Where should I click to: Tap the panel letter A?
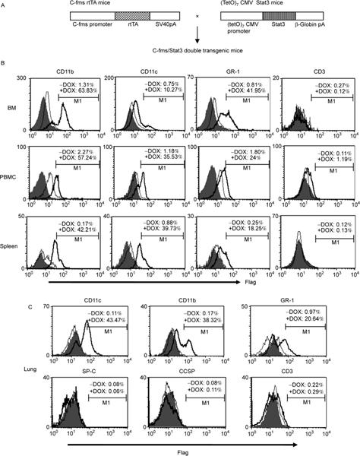pyautogui.click(x=8, y=6)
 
